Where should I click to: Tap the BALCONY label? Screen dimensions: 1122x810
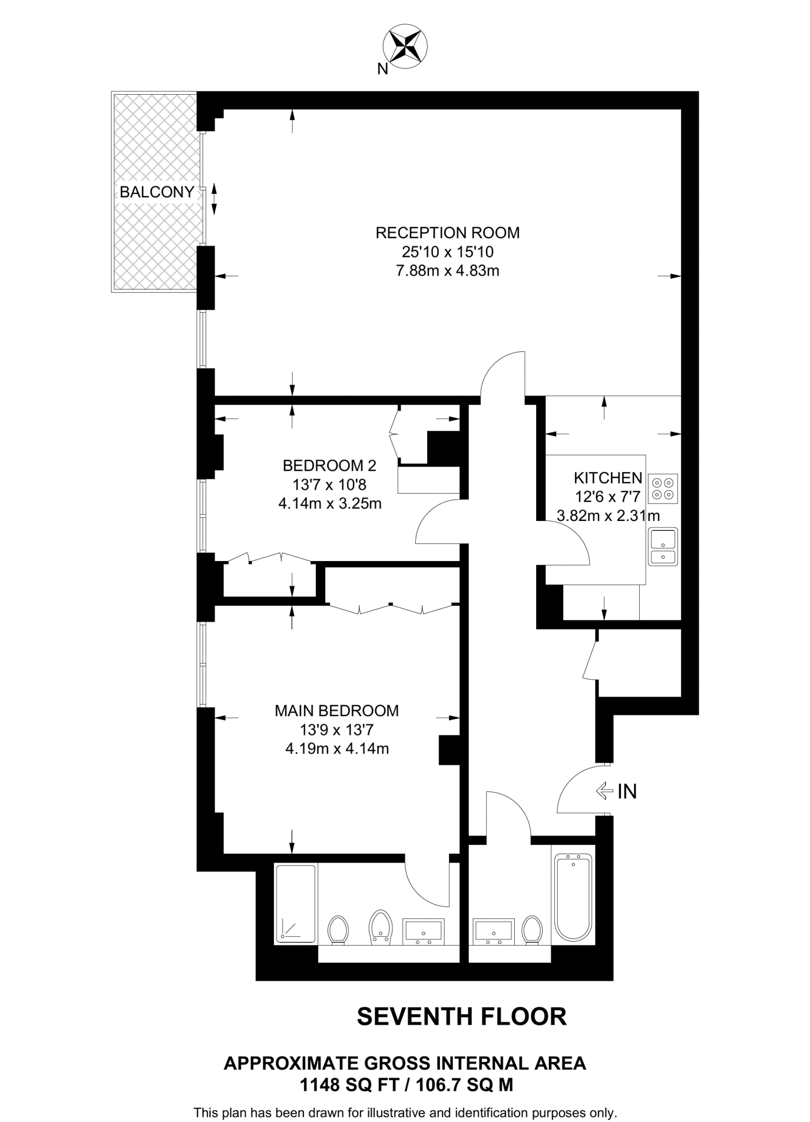tap(157, 192)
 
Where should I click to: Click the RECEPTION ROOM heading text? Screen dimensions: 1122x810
tap(447, 233)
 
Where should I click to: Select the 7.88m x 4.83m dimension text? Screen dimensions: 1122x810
tap(447, 271)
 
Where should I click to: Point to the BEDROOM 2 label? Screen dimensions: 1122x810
tap(329, 466)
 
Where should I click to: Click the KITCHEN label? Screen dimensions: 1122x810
tap(607, 478)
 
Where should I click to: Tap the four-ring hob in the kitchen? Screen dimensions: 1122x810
tap(663, 489)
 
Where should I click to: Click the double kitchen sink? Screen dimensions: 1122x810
tap(663, 546)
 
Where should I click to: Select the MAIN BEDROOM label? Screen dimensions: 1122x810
tap(336, 711)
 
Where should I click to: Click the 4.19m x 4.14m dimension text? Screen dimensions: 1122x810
tap(337, 748)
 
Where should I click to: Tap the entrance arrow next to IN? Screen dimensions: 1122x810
tap(604, 791)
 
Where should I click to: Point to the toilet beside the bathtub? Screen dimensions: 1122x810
tap(532, 930)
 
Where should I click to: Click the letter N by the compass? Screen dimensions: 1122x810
tap(382, 69)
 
